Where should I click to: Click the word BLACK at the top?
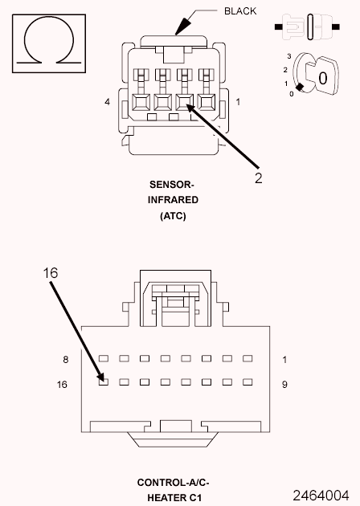tap(240, 11)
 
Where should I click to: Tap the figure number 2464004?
tap(321, 496)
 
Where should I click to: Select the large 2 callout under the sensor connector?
tap(258, 178)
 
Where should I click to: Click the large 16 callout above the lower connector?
tap(51, 273)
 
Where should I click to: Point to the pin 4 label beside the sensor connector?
tap(107, 102)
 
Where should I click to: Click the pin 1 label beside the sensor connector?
tap(238, 102)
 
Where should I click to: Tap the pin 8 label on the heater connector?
tap(66, 360)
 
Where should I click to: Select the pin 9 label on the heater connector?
tap(284, 385)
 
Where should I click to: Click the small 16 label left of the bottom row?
tap(62, 385)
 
